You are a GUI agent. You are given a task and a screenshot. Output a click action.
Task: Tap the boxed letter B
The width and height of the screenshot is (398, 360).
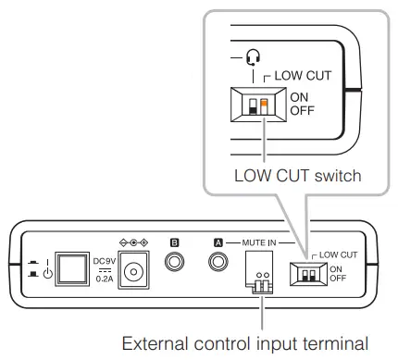tap(173, 242)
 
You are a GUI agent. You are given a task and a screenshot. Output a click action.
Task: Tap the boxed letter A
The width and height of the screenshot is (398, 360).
tap(218, 242)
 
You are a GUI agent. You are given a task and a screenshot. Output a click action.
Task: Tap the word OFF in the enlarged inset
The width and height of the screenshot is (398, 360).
tap(302, 111)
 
